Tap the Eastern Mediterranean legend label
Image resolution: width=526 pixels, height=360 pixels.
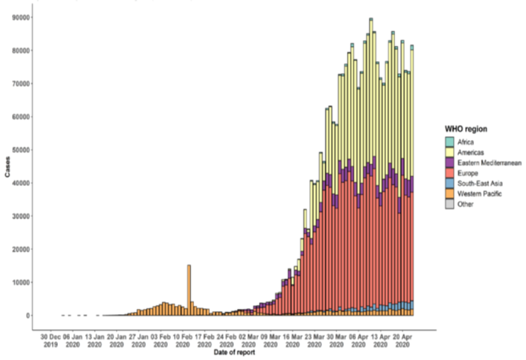(x=481, y=162)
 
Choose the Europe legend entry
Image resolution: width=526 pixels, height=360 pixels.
(x=462, y=172)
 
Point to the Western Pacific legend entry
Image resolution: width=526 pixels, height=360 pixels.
(x=473, y=193)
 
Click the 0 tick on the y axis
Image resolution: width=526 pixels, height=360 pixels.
(x=27, y=316)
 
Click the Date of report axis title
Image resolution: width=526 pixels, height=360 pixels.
(x=234, y=352)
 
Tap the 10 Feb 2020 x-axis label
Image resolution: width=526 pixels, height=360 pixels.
(x=181, y=340)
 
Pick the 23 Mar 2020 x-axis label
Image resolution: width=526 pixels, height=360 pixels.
(x=311, y=340)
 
